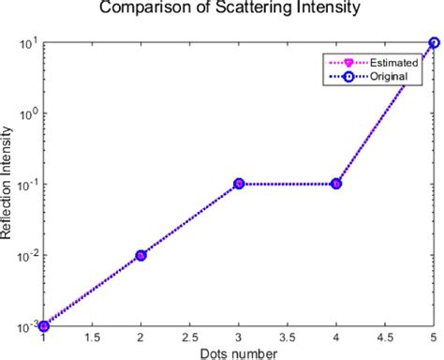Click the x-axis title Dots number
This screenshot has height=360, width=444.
[238, 352]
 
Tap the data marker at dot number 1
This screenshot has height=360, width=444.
[43, 325]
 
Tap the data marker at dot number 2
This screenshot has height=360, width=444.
[141, 255]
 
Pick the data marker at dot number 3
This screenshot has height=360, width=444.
[239, 184]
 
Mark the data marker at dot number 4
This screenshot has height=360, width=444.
[336, 184]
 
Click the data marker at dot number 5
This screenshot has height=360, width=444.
[433, 42]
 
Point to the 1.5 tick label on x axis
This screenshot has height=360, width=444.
[92, 337]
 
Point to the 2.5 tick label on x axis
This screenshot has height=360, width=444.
[189, 337]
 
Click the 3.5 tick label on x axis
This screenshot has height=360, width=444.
[287, 337]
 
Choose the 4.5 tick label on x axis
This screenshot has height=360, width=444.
[384, 337]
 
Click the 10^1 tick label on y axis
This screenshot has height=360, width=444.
[28, 41]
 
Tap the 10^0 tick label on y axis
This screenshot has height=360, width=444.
[28, 112]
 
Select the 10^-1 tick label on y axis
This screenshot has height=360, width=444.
[26, 184]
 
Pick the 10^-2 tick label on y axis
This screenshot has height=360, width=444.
[26, 255]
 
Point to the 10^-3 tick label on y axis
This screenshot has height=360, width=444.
[26, 324]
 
